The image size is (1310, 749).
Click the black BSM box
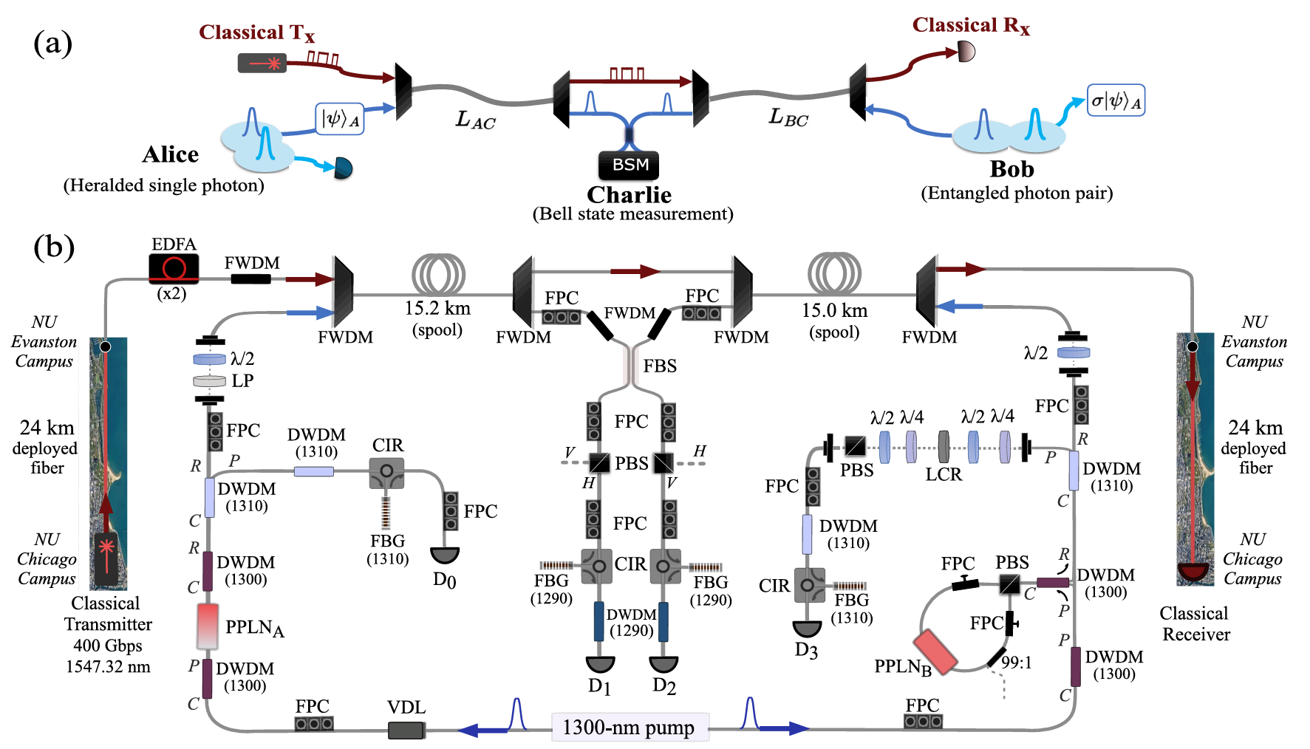pos(629,165)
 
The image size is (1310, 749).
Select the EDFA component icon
pos(174,267)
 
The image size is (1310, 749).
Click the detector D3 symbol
pos(807,629)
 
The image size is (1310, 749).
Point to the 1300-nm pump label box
pos(629,728)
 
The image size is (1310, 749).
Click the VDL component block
pos(406,731)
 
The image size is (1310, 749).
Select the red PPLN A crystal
pos(208,626)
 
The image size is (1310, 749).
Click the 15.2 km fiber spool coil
pos(438,275)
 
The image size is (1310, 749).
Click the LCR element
pos(944,447)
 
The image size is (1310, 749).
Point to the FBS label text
pos(660,366)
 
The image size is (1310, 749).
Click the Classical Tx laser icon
pos(262,63)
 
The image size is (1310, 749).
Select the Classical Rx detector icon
pos(966,52)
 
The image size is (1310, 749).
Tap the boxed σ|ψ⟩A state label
pos(1116,100)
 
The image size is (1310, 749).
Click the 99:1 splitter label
pos(1016,663)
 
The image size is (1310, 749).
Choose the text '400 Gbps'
pos(108,646)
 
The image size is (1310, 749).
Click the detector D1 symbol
pos(600,664)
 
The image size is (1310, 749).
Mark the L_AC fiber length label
pos(475,120)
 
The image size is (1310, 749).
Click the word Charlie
pos(629,195)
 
